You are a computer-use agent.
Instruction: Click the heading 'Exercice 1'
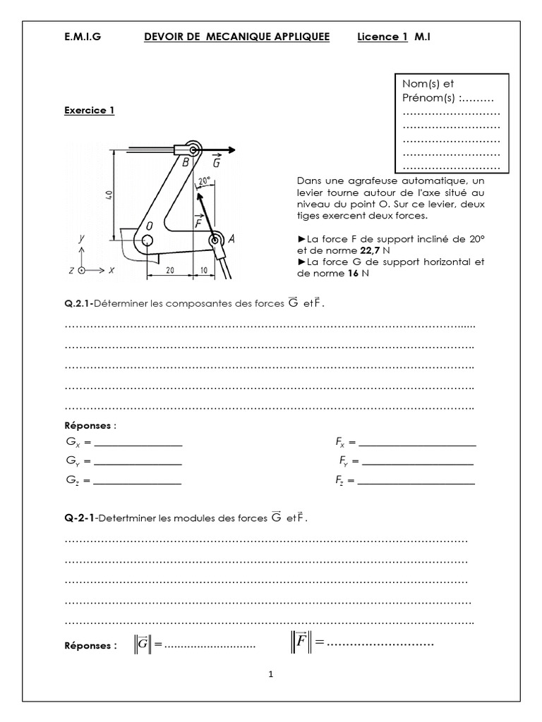(x=89, y=110)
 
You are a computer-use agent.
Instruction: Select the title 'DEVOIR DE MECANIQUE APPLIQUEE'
(x=236, y=37)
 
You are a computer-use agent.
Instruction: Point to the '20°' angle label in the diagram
(x=204, y=180)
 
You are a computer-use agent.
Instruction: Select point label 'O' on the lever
(x=149, y=226)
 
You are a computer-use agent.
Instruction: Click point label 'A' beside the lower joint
(x=231, y=238)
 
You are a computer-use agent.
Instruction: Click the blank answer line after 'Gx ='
(x=138, y=445)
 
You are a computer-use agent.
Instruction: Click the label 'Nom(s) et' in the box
(x=428, y=84)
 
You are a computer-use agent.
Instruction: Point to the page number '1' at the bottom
(x=270, y=674)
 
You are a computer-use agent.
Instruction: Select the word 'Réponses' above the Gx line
(x=88, y=425)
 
